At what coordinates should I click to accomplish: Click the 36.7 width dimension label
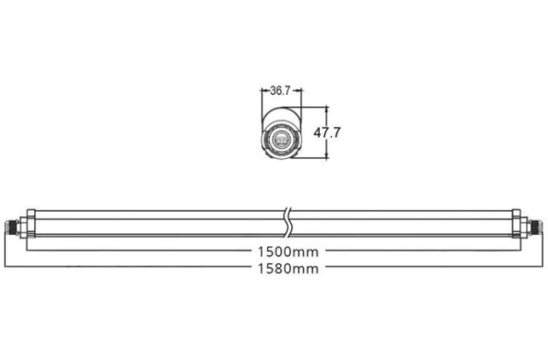[281, 90]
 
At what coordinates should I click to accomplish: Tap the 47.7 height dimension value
[327, 133]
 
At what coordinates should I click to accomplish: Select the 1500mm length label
[288, 251]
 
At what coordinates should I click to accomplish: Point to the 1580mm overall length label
[288, 269]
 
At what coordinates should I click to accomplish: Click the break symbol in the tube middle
[288, 223]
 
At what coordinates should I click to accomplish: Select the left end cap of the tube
[32, 223]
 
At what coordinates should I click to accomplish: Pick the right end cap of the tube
[516, 223]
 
